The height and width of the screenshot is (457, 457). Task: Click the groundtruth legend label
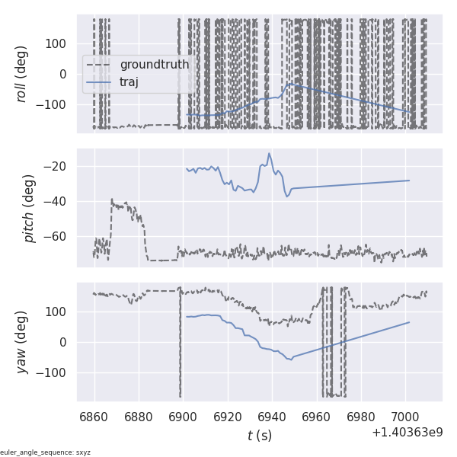click(x=154, y=65)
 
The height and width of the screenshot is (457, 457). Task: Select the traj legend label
click(x=129, y=81)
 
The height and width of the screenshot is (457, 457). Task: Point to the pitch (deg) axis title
click(x=30, y=208)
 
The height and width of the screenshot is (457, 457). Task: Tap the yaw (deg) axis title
click(x=22, y=342)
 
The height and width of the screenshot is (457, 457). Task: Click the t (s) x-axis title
click(x=259, y=436)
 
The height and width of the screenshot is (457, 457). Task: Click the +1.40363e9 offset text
click(x=407, y=433)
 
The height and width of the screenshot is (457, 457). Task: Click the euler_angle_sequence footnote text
click(x=46, y=452)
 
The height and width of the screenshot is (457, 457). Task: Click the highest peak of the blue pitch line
click(x=269, y=154)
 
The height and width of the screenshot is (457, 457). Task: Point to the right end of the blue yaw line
click(x=410, y=322)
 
